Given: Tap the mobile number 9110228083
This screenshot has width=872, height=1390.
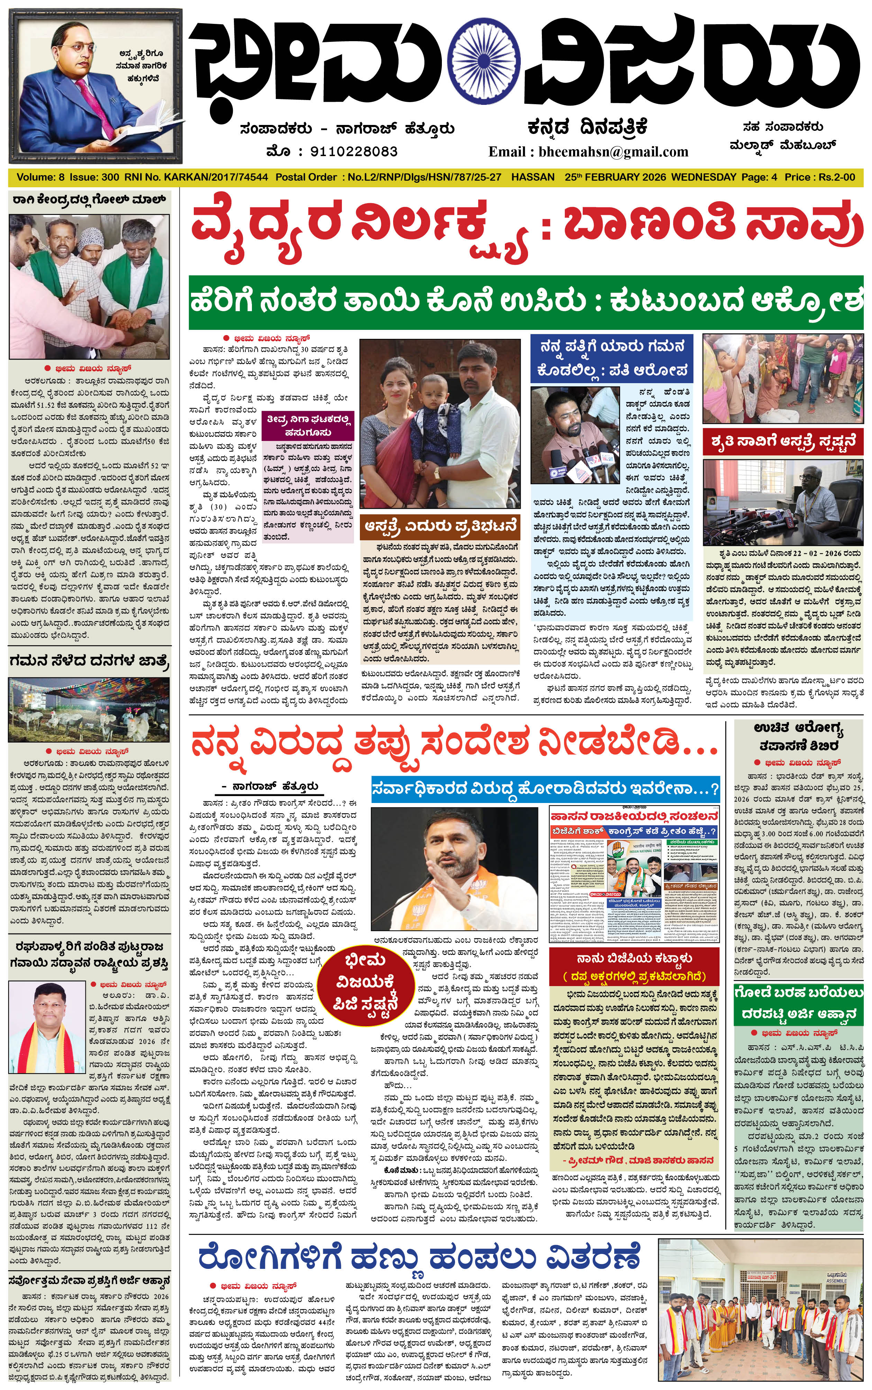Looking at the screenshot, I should [354, 152].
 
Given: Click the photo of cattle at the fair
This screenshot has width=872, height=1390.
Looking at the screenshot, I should [89, 710].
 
